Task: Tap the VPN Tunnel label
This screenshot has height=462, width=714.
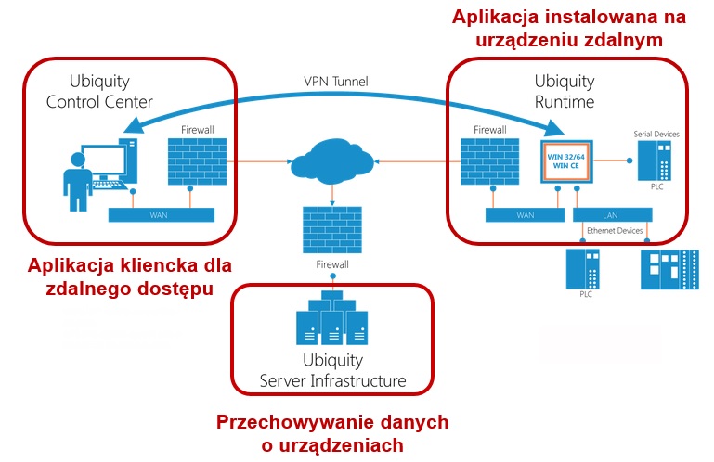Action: tap(336, 82)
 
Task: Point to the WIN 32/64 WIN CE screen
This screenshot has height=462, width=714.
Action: tap(570, 160)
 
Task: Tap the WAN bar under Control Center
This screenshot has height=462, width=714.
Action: tap(161, 214)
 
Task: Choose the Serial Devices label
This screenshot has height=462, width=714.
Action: tap(656, 135)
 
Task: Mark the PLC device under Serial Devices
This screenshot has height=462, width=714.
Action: tap(660, 164)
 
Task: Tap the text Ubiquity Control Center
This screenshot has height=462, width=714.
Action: tap(99, 91)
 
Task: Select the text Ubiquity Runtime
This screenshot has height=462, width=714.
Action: tap(564, 91)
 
